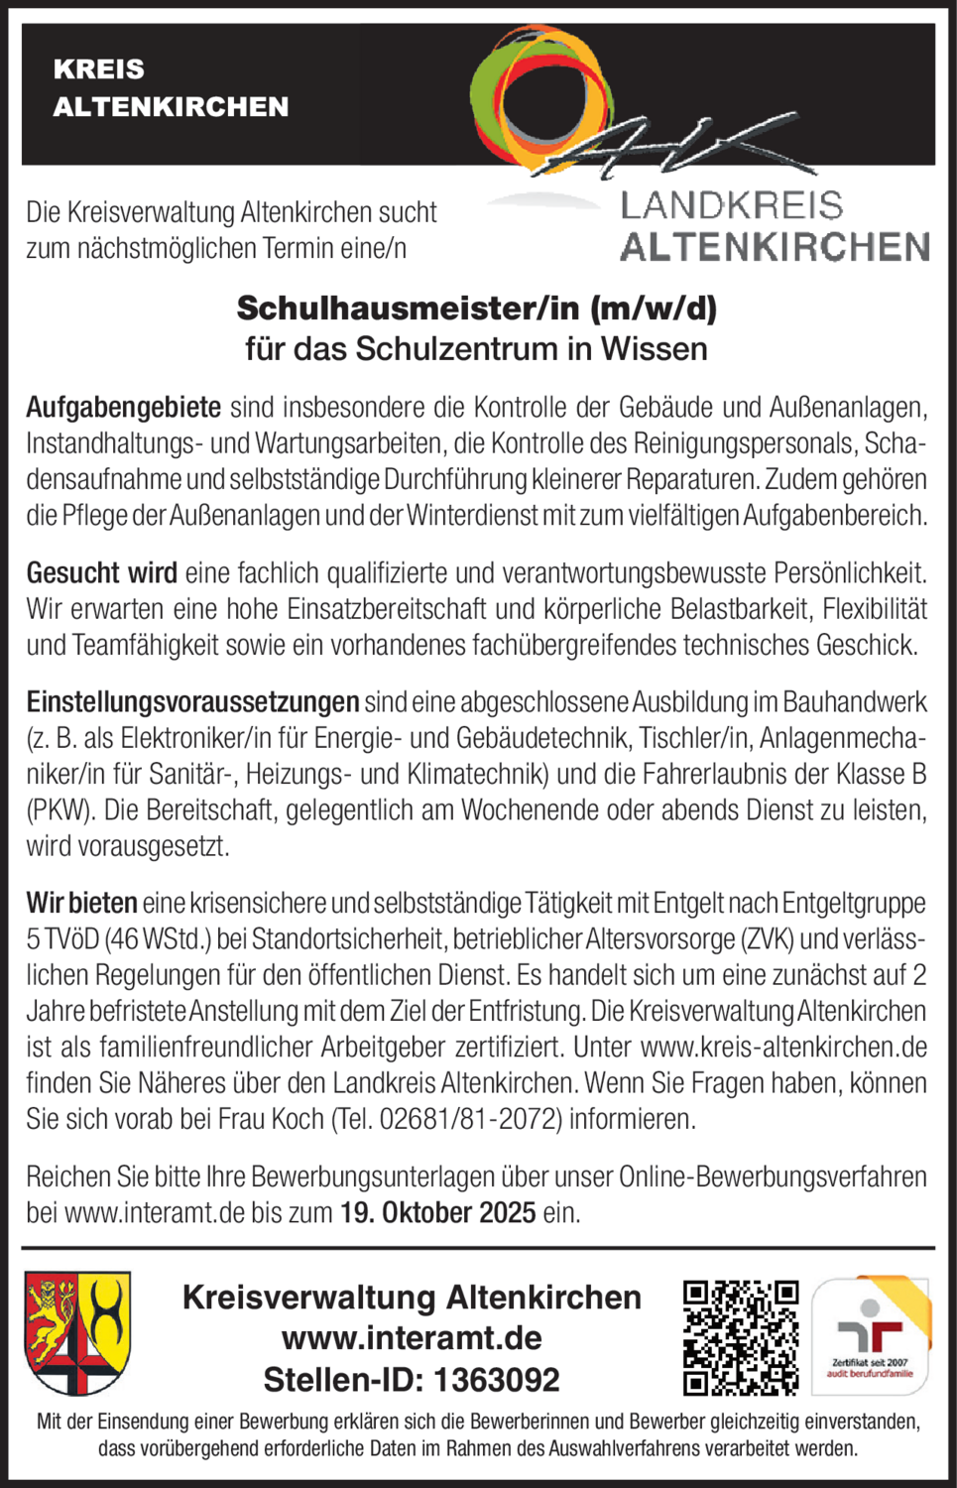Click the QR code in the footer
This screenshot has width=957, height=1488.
(741, 1337)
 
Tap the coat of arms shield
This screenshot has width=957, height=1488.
(77, 1332)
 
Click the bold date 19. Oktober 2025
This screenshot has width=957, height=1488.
(437, 1212)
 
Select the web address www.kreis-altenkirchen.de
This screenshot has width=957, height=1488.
(783, 1047)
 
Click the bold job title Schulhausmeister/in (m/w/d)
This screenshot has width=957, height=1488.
(476, 309)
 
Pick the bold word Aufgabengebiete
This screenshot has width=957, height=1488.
(124, 407)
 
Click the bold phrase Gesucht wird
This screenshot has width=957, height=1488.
(102, 572)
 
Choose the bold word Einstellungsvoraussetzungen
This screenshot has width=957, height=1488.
(192, 702)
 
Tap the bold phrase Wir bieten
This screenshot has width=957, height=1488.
(81, 903)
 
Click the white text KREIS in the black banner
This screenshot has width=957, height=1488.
(98, 69)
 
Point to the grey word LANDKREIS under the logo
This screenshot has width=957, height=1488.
(731, 205)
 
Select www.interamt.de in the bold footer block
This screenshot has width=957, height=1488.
(412, 1338)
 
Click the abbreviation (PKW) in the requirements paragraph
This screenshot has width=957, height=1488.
(60, 810)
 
